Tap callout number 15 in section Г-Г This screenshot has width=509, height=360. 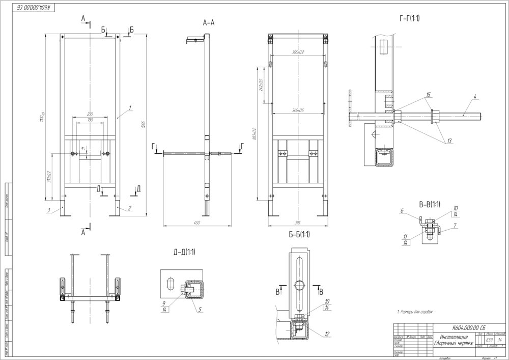[429, 95]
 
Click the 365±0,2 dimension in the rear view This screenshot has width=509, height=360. [298, 52]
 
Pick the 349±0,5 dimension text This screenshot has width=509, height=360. [298, 110]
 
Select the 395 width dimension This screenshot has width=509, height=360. [298, 223]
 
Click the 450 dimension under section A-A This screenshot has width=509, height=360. [196, 223]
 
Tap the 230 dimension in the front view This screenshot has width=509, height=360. [90, 114]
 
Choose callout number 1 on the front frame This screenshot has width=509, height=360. [130, 107]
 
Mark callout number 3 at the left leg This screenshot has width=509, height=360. [47, 209]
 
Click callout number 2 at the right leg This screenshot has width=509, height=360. [130, 208]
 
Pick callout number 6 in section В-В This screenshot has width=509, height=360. [402, 211]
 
